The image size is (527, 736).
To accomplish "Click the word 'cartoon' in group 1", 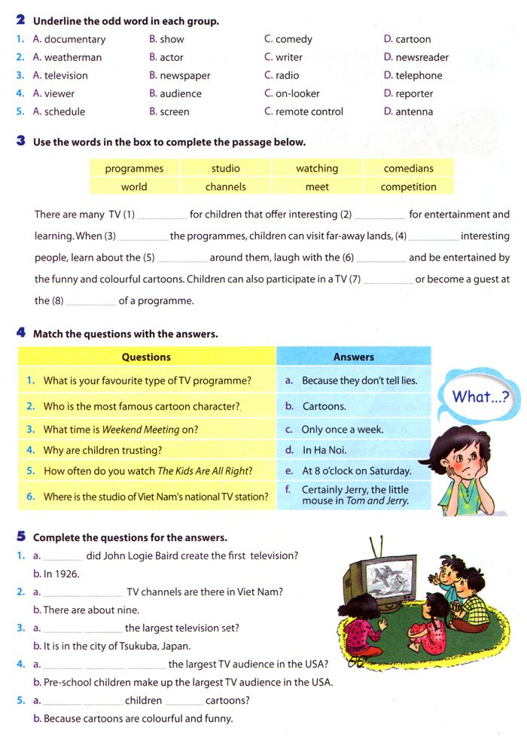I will pyautogui.click(x=413, y=39).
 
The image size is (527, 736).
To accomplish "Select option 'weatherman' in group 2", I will pyautogui.click(x=73, y=57).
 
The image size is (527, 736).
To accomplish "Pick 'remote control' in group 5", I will pyautogui.click(x=309, y=111).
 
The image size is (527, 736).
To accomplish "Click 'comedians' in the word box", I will pyautogui.click(x=409, y=169).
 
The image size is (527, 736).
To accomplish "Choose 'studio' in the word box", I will pyautogui.click(x=226, y=169).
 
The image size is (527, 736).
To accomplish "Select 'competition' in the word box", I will pyautogui.click(x=409, y=187).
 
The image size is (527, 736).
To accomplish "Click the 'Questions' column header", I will pyautogui.click(x=146, y=357).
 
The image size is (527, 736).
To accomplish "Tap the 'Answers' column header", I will pyautogui.click(x=354, y=357).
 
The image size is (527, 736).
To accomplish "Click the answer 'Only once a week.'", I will pyautogui.click(x=343, y=430).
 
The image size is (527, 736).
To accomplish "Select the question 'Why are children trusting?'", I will pyautogui.click(x=103, y=450).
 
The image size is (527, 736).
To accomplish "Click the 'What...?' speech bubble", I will pyautogui.click(x=480, y=396).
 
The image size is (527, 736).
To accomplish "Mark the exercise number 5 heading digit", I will pyautogui.click(x=21, y=537).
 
